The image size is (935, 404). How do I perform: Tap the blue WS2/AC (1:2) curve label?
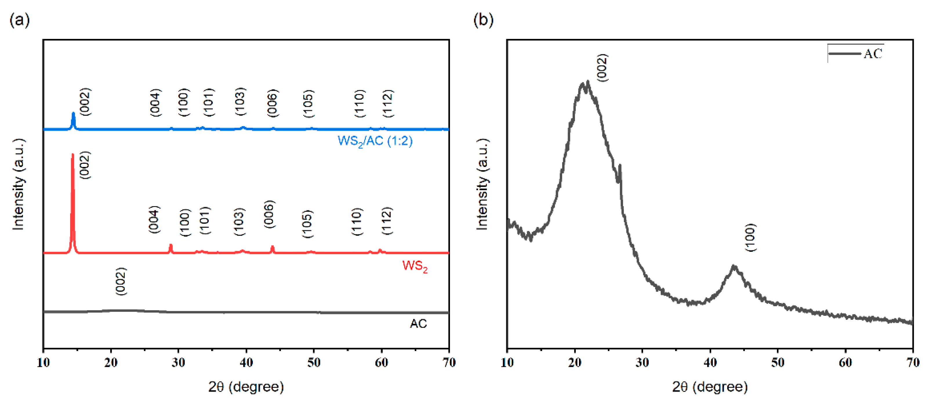coord(375,141)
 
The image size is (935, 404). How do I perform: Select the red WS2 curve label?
coord(415,266)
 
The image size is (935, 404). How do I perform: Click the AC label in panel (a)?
coord(418,324)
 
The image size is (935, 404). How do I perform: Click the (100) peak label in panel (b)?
coord(750,237)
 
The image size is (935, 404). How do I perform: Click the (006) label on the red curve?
coord(269,214)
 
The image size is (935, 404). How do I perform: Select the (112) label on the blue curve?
coord(388,103)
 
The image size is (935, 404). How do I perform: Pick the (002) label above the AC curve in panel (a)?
coord(121,281)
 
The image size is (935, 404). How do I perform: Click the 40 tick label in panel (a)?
coord(246,362)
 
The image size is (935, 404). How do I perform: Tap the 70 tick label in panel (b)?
coord(912,362)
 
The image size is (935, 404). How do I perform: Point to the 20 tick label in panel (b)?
coord(575,362)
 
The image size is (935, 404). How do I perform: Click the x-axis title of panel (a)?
coord(246,387)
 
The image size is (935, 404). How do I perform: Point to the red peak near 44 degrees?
coord(272,249)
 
